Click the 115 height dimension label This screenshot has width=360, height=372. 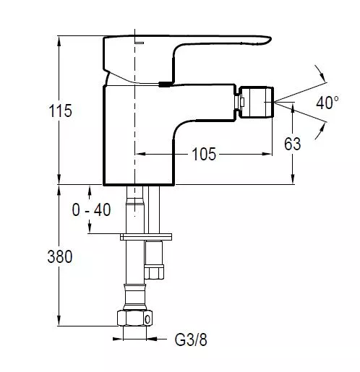point(60,111)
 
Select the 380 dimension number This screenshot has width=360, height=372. point(60,256)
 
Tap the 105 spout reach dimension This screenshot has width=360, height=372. point(204,154)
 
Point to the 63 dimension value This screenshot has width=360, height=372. point(293,144)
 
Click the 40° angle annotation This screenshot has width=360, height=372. point(327,103)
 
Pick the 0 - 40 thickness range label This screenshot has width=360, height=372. point(91,209)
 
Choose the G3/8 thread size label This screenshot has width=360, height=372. point(191,339)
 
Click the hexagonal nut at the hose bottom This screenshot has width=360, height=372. point(135,318)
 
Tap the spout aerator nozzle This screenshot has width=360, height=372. point(256,102)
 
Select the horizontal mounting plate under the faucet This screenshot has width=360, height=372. point(146,237)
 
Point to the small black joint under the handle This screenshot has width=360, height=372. point(166,84)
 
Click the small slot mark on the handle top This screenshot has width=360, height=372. point(140,43)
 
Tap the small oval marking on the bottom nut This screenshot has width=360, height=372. point(147,320)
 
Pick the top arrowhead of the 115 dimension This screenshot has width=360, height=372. point(59,42)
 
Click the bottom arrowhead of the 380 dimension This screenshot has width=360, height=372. point(59,321)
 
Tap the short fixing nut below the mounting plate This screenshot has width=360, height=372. point(154,272)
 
